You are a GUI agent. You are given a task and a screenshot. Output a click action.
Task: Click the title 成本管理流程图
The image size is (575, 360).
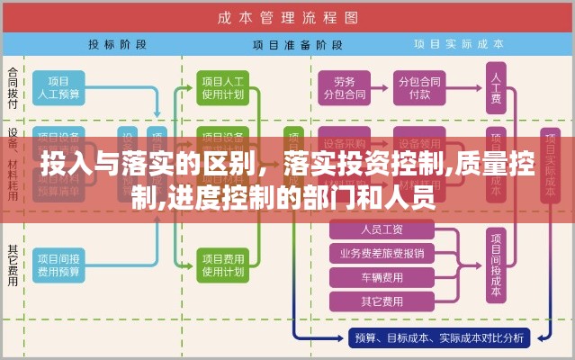pos(287,17)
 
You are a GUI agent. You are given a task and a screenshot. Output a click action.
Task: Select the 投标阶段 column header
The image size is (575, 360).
pos(113,43)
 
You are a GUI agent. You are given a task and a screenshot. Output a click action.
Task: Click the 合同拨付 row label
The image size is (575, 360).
pos(13,87)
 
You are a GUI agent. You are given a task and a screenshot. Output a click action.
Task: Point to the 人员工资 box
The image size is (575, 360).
pos(382,229)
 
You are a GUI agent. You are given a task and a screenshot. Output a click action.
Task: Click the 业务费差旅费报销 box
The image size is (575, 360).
pos(382,253)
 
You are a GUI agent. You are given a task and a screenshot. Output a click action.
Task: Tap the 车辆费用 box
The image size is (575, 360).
pos(382,277)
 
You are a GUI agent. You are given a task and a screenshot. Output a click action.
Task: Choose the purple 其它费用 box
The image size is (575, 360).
pos(382,301)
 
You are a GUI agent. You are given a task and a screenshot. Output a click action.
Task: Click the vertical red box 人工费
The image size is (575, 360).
pos(495,88)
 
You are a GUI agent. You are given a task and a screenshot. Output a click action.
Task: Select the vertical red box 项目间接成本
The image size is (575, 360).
pos(495,263)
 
